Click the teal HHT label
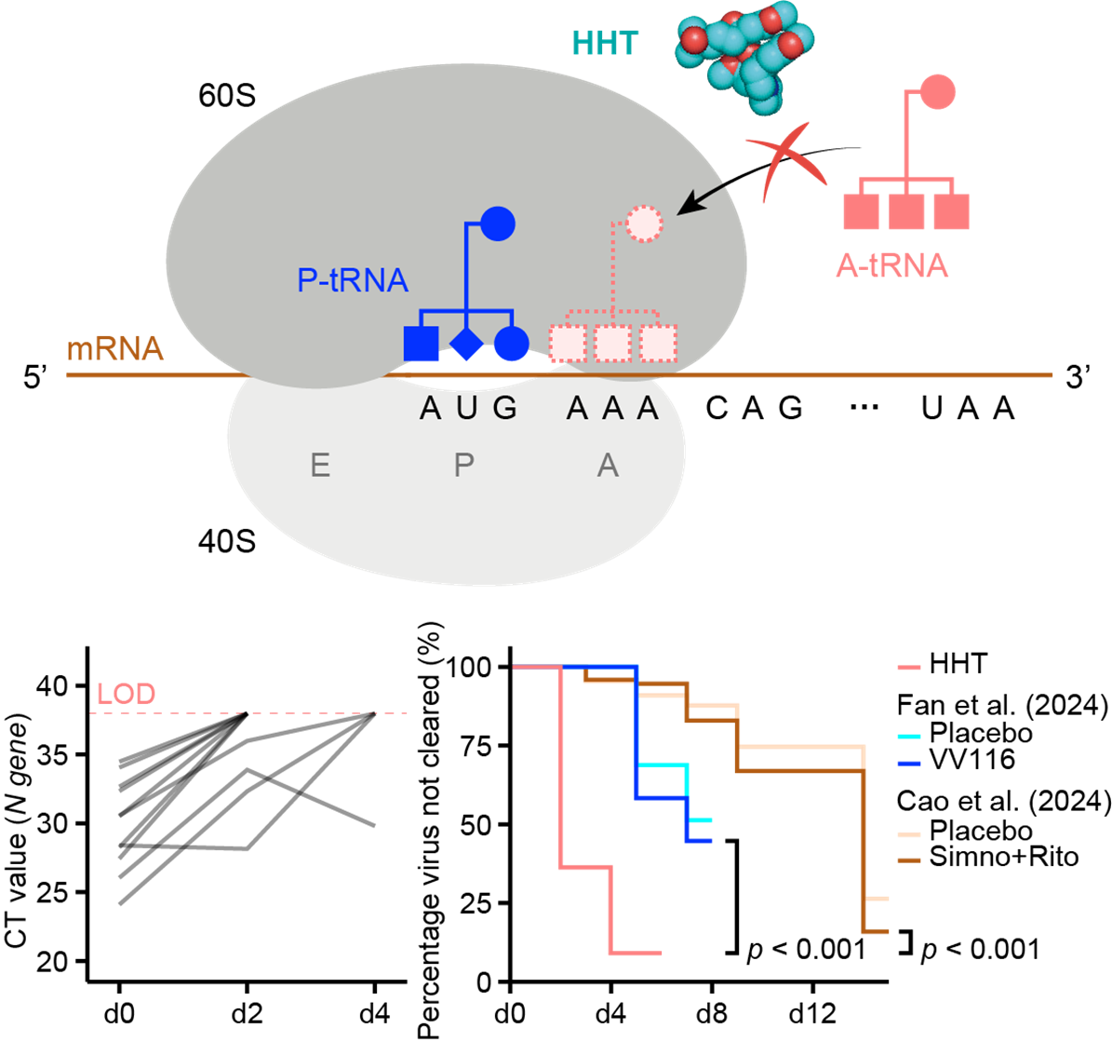coord(605,43)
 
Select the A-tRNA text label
coord(891,266)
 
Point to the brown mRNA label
coord(115,350)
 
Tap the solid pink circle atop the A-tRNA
coord(937,91)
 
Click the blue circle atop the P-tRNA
coord(498,223)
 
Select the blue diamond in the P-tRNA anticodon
coord(466,344)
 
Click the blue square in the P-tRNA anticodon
coord(422,344)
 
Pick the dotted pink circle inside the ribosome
coord(643,223)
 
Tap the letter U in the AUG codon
coord(467,408)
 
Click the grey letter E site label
coord(320,466)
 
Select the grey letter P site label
coord(463,466)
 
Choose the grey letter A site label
coord(608,466)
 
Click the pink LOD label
coord(126,695)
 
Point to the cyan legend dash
coord(909,737)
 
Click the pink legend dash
coord(909,668)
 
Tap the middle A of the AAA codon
coord(612,408)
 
